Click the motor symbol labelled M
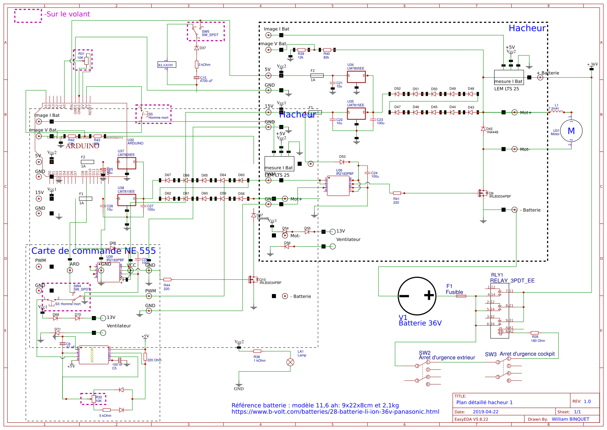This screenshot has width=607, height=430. tap(571, 131)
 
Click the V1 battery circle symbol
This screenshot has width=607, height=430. tap(417, 296)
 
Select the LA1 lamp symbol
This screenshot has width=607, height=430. tap(290, 362)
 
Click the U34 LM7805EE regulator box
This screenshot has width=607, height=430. tap(356, 77)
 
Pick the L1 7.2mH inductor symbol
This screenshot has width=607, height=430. tap(556, 112)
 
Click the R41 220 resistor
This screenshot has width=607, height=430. tap(397, 193)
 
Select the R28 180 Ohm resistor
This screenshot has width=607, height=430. tap(535, 333)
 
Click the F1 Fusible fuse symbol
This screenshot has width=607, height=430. tap(461, 296)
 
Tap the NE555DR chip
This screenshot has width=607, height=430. tap(93, 355)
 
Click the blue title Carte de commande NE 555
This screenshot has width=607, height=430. tap(93, 251)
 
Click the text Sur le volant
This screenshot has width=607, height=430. tap(68, 14)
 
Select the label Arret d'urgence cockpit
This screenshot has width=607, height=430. tap(527, 354)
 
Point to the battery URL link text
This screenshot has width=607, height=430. tap(335, 412)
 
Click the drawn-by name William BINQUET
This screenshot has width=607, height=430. tap(570, 419)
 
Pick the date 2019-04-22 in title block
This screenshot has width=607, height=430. tap(485, 412)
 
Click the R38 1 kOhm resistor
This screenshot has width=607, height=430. tap(257, 351)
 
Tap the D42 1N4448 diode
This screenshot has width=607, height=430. tap(483, 129)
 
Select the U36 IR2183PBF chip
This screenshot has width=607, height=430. tap(338, 186)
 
